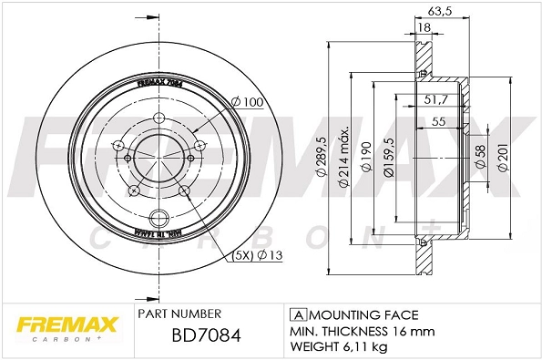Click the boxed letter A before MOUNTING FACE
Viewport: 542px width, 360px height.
click(296, 312)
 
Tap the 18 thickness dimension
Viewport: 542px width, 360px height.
click(424, 28)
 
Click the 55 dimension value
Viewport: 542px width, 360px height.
click(439, 121)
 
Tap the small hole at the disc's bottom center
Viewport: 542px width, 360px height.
click(159, 218)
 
